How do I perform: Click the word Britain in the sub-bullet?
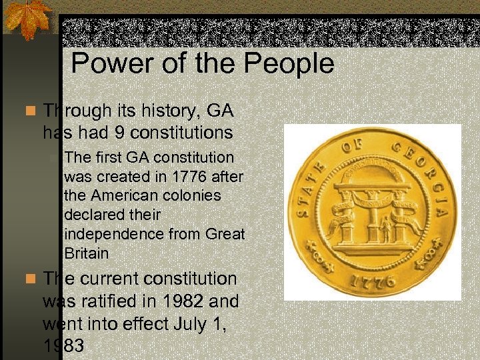pyautogui.click(x=87, y=253)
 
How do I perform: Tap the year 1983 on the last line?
pyautogui.click(x=63, y=345)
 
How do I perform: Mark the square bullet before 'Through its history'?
pyautogui.click(x=29, y=110)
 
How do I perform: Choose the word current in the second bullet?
pyautogui.click(x=117, y=279)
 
